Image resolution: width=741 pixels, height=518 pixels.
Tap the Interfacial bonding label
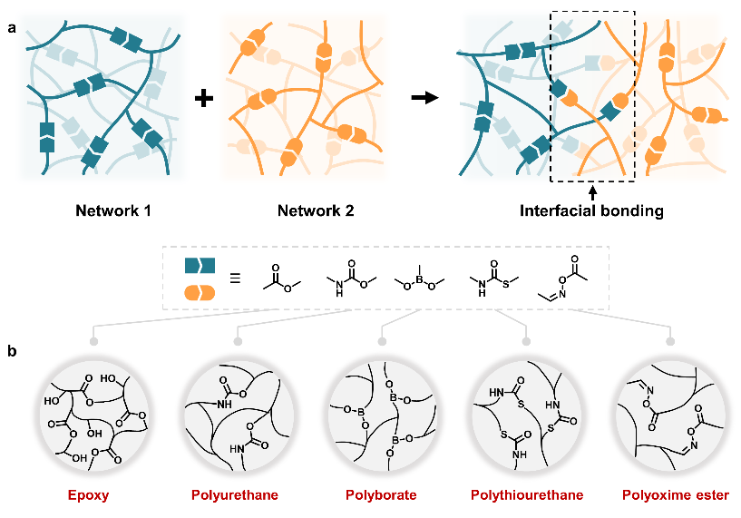pos(591,212)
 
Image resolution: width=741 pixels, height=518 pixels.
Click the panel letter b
pos(11,348)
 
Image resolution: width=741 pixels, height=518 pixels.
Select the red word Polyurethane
pos(236,495)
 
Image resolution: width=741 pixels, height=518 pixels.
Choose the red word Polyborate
pos(381,495)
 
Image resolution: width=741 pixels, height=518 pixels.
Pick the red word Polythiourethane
pos(525,495)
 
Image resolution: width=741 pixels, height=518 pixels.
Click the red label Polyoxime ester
pos(669,495)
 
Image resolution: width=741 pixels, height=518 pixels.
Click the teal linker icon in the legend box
pos(200,265)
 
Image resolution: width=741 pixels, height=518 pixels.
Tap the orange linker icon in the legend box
pos(200,292)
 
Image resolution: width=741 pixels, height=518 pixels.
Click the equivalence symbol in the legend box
pos(233,279)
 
